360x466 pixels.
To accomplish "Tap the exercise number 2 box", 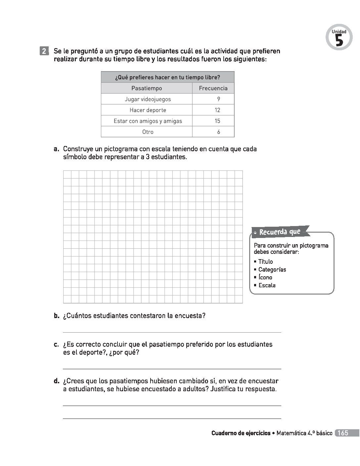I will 44,51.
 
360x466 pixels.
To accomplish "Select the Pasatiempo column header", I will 147,88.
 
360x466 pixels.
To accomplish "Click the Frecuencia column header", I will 213,88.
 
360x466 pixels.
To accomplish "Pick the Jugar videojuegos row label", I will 148,99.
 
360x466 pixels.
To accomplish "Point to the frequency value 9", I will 218,99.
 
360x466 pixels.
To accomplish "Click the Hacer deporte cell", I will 148,110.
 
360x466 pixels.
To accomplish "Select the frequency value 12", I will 217,110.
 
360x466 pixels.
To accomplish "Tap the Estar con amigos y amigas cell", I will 148,121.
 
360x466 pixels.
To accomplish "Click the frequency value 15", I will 217,121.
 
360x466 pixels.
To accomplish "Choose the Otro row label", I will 148,132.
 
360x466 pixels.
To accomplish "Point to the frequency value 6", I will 218,132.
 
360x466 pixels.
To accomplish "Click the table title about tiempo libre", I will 167,77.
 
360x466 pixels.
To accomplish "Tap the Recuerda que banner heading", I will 280,232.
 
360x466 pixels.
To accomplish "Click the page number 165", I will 343,433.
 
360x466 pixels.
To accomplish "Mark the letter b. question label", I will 57,316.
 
